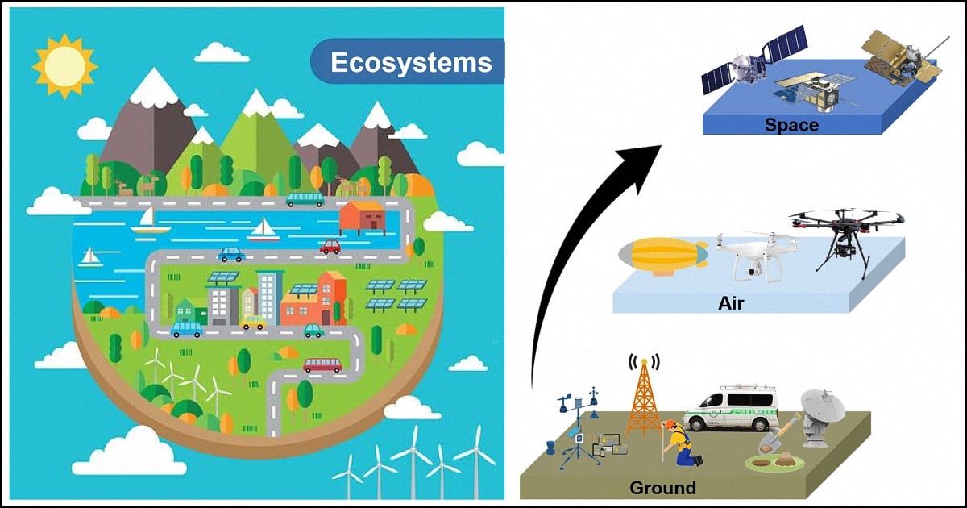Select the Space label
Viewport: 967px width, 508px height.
pyautogui.click(x=791, y=125)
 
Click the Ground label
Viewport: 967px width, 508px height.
pyautogui.click(x=663, y=487)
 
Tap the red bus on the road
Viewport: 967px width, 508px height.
pyautogui.click(x=323, y=364)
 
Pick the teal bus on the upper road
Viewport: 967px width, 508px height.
pyautogui.click(x=305, y=199)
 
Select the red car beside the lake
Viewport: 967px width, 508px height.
pyautogui.click(x=330, y=248)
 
